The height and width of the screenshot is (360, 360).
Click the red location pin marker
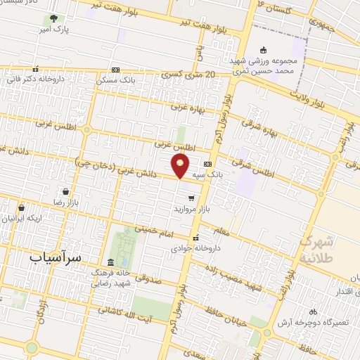[x=180, y=167]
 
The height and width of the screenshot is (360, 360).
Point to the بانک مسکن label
[x=115, y=80]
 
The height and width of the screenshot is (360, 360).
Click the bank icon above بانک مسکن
[x=115, y=70]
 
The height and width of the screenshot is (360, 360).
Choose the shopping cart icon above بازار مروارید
[x=191, y=199]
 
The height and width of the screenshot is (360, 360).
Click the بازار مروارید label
[x=191, y=210]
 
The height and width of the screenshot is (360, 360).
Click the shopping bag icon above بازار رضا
[x=65, y=191]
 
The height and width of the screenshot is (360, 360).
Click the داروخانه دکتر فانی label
[x=39, y=79]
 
